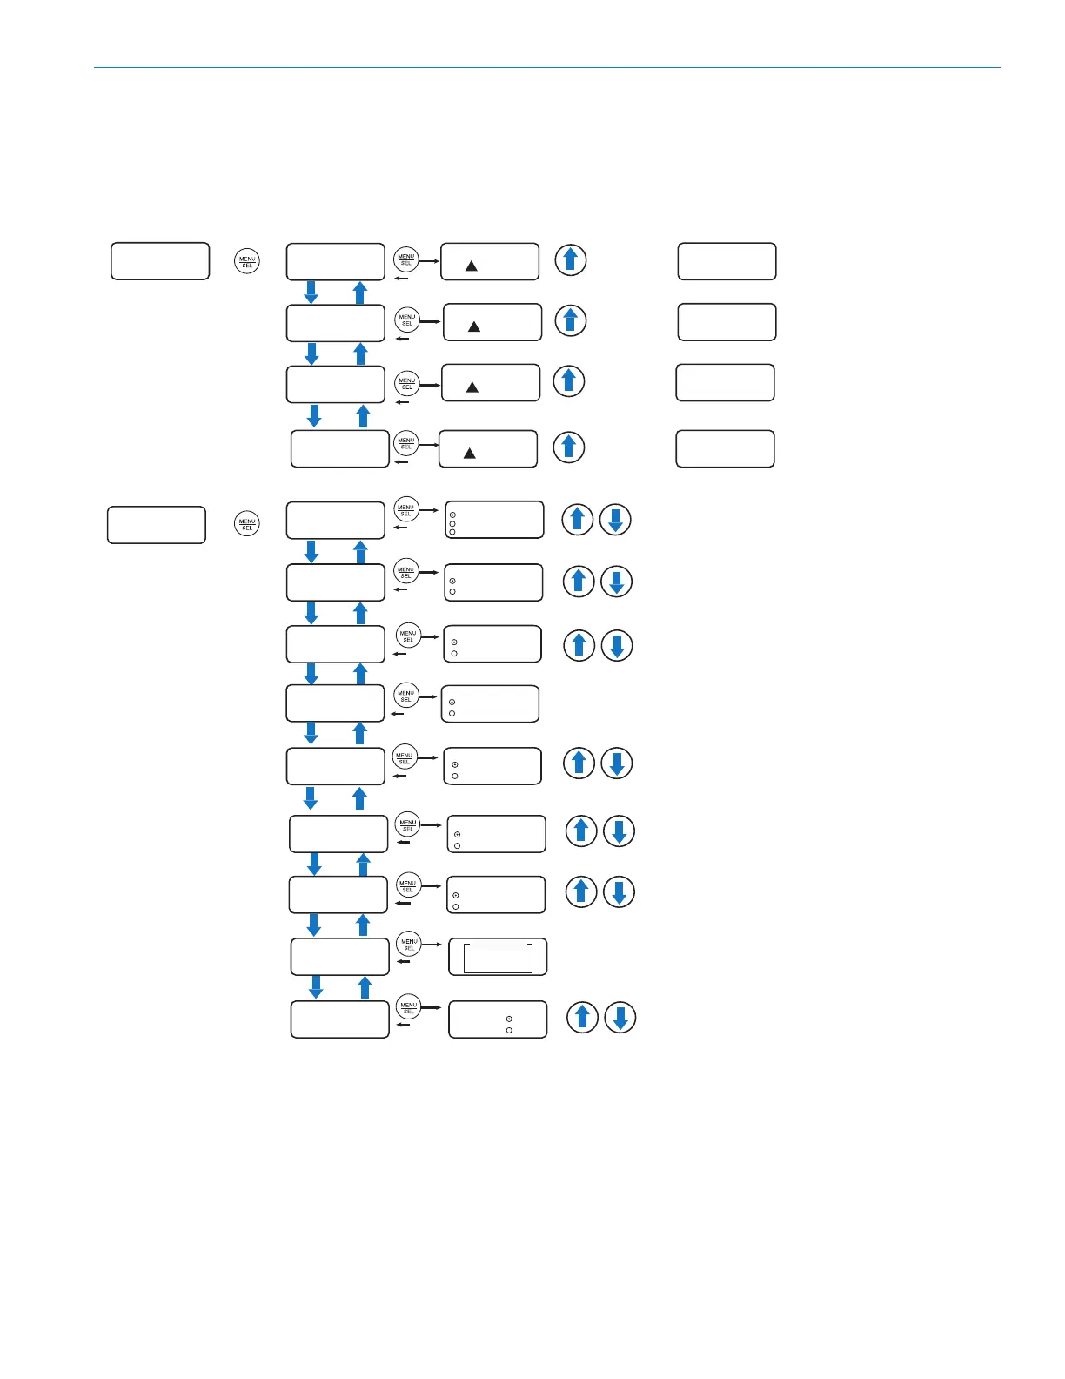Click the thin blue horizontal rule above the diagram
547,67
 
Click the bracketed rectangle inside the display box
498,958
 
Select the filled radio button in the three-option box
452,515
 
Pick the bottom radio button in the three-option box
452,532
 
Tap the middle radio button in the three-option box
452,523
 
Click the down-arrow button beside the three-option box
615,520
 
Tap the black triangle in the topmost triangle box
471,266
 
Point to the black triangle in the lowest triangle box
469,453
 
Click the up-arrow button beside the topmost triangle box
571,259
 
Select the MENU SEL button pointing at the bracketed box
409,944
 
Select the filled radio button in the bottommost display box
509,1019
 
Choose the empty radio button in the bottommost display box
509,1030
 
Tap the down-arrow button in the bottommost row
620,1018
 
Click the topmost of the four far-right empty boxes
727,261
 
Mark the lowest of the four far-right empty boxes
725,448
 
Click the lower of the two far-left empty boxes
157,525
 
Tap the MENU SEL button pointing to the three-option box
405,509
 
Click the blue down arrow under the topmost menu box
311,292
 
